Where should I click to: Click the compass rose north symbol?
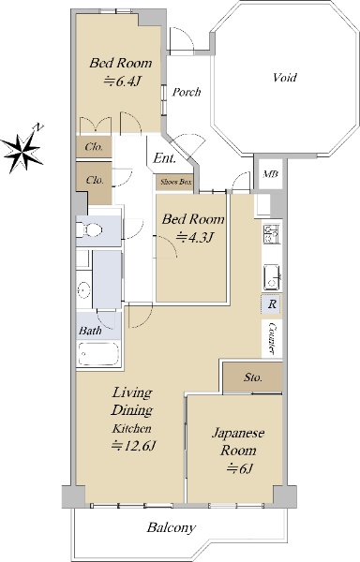pos(22,150)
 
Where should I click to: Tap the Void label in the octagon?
pos(284,78)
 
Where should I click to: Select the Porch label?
pos(187,92)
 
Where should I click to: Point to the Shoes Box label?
pos(175,182)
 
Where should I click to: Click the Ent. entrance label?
pos(165,158)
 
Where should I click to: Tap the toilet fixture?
pos(89,229)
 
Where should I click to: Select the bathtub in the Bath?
pos(97,354)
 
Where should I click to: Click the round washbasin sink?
pos(83,289)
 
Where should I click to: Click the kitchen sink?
pos(272,277)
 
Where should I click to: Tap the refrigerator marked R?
pos(272,304)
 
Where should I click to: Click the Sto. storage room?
pos(253,377)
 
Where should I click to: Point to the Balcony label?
pos(172,528)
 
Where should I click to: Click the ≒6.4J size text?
pos(121,81)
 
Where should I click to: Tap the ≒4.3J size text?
pos(195,237)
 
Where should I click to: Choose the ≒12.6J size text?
pos(133,446)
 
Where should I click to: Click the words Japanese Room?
pos(238,441)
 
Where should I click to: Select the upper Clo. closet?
pos(94,147)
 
